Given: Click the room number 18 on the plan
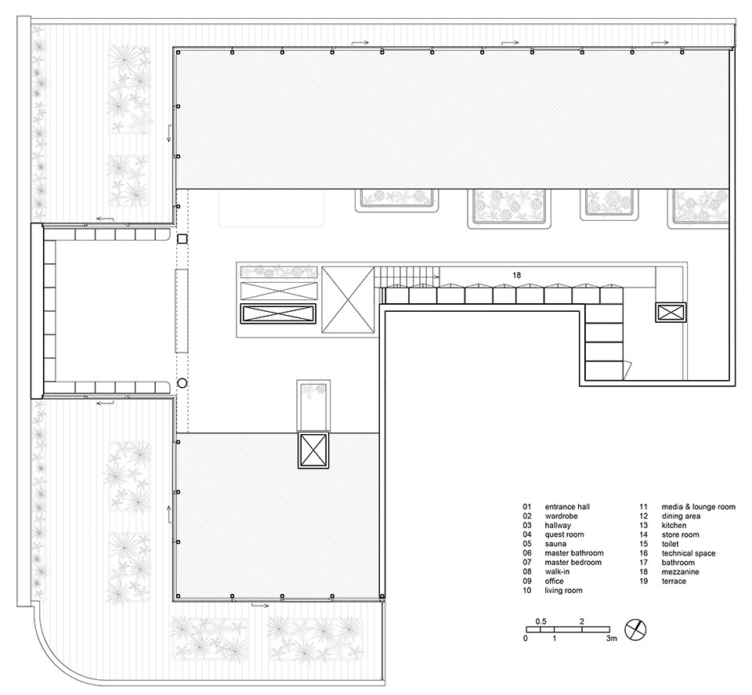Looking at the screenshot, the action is pyautogui.click(x=516, y=275).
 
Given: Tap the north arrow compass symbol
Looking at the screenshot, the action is pyautogui.click(x=635, y=629).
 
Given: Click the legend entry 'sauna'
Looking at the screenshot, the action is pyautogui.click(x=555, y=544).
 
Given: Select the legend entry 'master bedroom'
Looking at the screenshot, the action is pyautogui.click(x=573, y=562).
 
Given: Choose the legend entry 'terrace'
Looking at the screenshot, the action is pyautogui.click(x=674, y=581).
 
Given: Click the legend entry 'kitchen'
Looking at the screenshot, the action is pyautogui.click(x=674, y=525).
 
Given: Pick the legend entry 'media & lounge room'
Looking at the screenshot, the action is pyautogui.click(x=698, y=507).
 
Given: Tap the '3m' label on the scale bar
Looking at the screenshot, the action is pyautogui.click(x=612, y=639).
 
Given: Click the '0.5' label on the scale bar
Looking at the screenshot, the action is pyautogui.click(x=541, y=621).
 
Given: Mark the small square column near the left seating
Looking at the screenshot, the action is pyautogui.click(x=182, y=239).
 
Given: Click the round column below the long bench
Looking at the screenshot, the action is pyautogui.click(x=182, y=383).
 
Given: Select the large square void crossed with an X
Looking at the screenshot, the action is pyautogui.click(x=348, y=300).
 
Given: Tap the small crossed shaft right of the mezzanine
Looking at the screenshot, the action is pyautogui.click(x=671, y=313).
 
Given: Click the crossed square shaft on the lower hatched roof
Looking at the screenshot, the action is pyautogui.click(x=313, y=450).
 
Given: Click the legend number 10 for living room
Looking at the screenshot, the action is pyautogui.click(x=527, y=591).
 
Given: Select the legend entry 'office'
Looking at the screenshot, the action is pyautogui.click(x=554, y=581).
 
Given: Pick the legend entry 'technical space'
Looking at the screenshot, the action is pyautogui.click(x=689, y=553).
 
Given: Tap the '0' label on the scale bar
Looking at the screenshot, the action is pyautogui.click(x=526, y=639).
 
